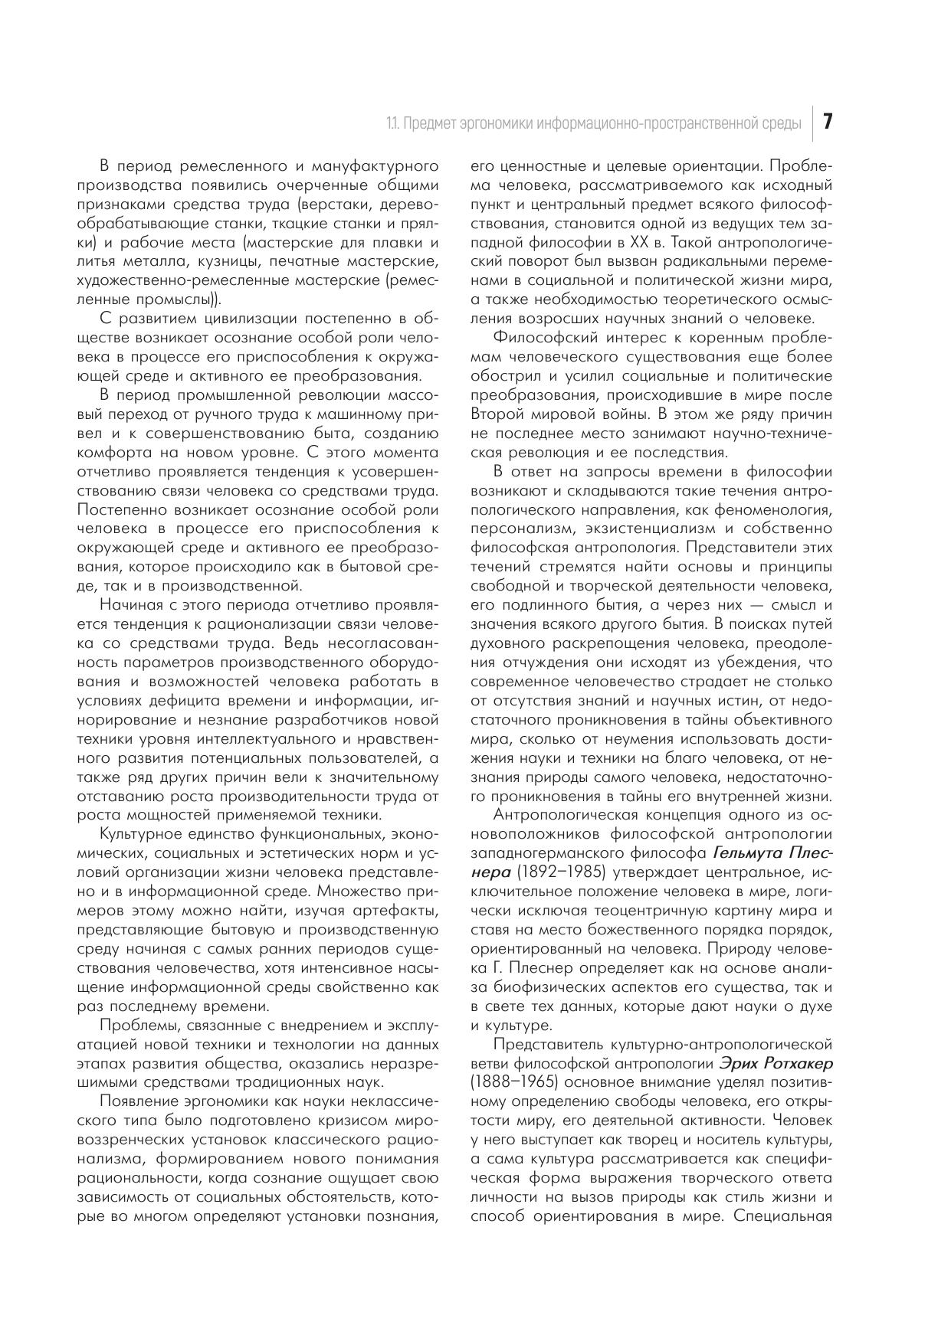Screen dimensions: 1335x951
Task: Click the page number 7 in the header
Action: click(x=828, y=123)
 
